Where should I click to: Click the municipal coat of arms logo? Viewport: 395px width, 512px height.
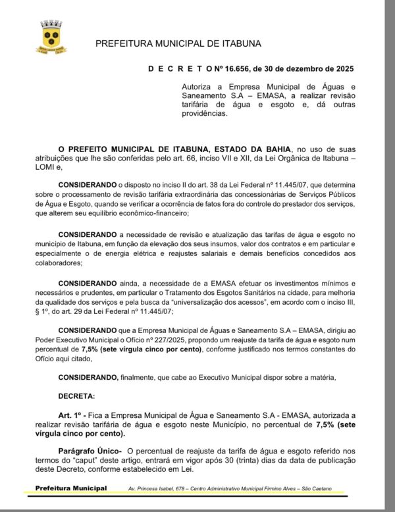pos(51,37)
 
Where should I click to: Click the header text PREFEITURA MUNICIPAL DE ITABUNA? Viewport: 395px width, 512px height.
pos(178,43)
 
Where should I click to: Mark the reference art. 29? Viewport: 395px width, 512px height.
pos(82,309)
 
